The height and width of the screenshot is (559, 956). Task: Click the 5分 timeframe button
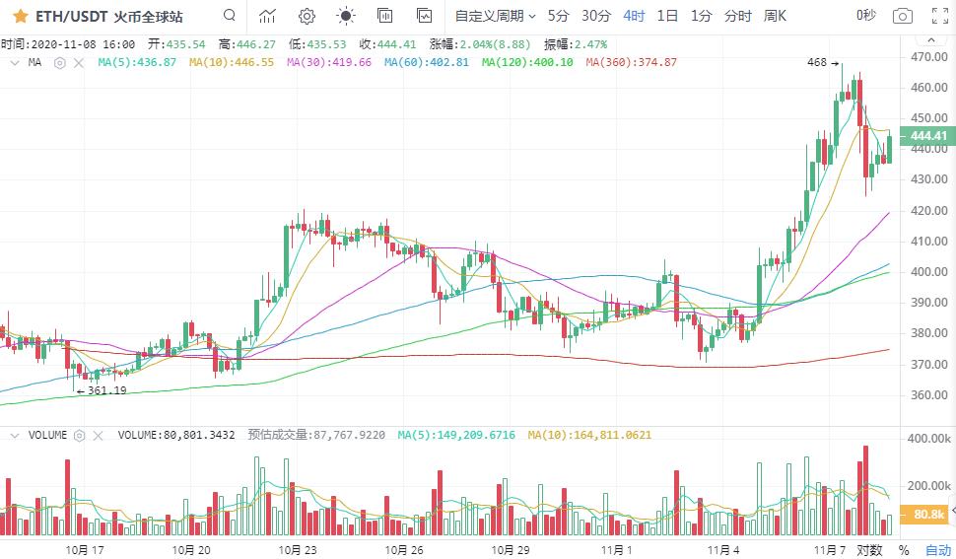(x=558, y=16)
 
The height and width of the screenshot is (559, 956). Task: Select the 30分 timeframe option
(x=595, y=16)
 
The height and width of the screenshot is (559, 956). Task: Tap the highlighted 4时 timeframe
(x=634, y=16)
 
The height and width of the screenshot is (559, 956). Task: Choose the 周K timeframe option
(x=775, y=16)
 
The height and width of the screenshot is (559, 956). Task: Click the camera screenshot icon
(x=902, y=16)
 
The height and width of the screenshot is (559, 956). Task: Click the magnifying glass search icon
(x=230, y=16)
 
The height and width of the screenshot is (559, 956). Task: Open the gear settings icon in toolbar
(x=307, y=16)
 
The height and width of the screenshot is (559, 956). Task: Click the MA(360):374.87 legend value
(x=631, y=62)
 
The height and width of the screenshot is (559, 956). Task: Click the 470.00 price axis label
(x=930, y=57)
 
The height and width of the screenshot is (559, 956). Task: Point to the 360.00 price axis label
(x=930, y=395)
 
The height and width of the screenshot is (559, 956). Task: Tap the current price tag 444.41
(x=928, y=136)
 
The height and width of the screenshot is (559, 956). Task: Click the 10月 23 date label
(x=299, y=550)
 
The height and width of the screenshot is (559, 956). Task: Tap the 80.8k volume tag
(x=929, y=515)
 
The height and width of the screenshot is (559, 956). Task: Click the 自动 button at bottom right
(x=937, y=550)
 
